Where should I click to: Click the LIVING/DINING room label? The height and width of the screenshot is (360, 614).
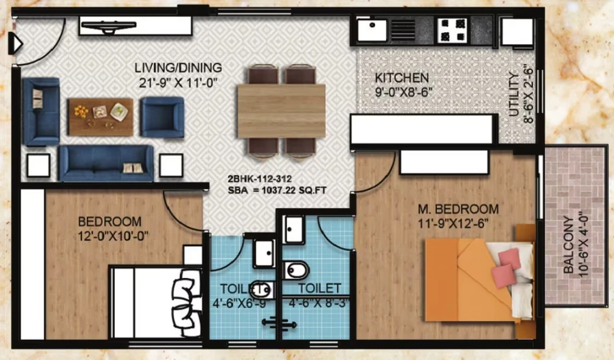click(178, 67)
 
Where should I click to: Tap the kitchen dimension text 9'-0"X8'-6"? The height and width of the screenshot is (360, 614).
click(403, 92)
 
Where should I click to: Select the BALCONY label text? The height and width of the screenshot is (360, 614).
click(568, 244)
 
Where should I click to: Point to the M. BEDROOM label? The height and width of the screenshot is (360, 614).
click(458, 209)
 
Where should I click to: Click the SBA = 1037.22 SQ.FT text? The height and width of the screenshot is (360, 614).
click(277, 191)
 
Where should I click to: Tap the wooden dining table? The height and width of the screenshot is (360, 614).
click(281, 111)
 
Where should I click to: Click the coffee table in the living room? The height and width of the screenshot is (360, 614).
click(101, 117)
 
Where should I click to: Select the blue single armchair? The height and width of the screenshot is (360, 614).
click(162, 117)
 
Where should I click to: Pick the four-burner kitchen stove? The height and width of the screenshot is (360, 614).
click(454, 30)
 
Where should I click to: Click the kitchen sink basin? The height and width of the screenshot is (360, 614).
click(372, 30)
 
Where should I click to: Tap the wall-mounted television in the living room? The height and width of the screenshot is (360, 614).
click(108, 27)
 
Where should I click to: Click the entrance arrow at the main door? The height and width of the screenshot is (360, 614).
click(15, 43)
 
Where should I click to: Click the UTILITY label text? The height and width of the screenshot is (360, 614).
click(514, 94)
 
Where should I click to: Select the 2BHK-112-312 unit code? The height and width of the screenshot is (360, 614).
click(260, 179)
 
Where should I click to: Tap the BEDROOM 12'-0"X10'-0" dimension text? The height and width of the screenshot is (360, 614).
click(113, 237)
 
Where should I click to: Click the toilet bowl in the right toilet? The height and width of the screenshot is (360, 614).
click(296, 270)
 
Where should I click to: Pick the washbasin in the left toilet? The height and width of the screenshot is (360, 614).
click(264, 253)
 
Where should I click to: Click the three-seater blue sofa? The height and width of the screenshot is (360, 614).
click(106, 163)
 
